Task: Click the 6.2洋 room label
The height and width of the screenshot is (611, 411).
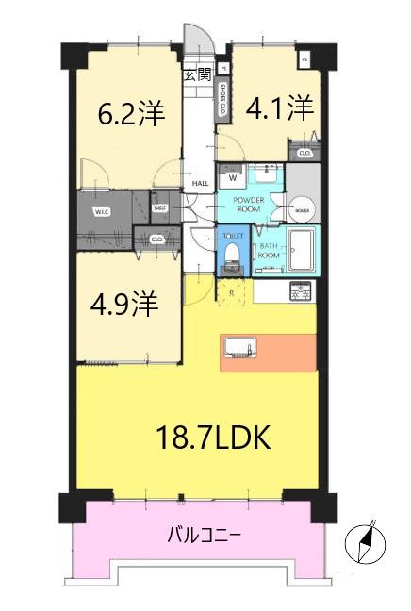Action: (x=132, y=114)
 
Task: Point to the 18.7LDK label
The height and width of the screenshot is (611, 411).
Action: (x=214, y=438)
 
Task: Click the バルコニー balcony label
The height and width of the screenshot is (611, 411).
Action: (x=204, y=536)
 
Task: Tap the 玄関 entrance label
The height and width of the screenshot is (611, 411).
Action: (x=196, y=74)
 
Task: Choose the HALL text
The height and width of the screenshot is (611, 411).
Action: (x=200, y=185)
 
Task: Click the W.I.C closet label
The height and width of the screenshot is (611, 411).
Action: (x=102, y=211)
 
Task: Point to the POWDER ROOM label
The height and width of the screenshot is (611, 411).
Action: (x=248, y=205)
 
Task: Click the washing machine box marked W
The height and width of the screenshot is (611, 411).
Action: (x=232, y=176)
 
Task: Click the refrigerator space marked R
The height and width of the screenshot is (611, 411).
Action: (x=231, y=292)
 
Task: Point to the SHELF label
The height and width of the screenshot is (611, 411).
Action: (x=160, y=206)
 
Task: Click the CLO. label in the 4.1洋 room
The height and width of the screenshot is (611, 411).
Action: (x=304, y=154)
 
